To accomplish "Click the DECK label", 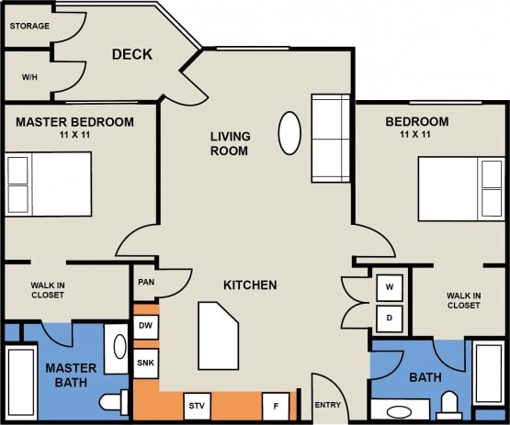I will click(x=131, y=55).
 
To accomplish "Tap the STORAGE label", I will click(x=29, y=26).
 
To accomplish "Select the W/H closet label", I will click(x=28, y=77).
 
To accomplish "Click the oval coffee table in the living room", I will click(x=289, y=133).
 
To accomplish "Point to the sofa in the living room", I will click(x=331, y=137).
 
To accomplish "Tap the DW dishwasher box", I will click(x=146, y=326).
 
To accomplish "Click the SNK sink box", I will click(x=146, y=362).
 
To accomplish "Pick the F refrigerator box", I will click(x=275, y=405).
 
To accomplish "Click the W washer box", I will click(x=390, y=287).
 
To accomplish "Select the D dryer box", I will click(x=390, y=319).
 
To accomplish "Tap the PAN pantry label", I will click(x=145, y=283).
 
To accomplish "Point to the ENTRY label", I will click(x=328, y=405).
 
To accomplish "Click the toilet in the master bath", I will click(x=115, y=402).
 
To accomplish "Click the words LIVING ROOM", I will click(x=230, y=143).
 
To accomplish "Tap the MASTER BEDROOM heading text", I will click(x=74, y=122).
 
